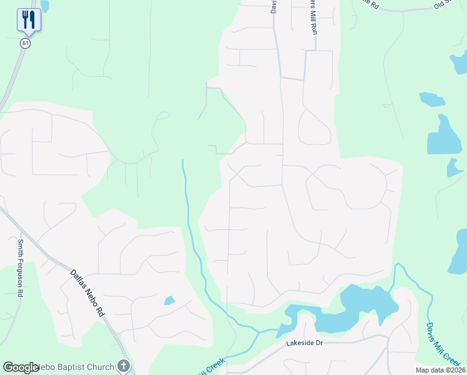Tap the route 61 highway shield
(25, 42)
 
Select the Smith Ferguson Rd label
(21, 267)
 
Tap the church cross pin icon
(124, 366)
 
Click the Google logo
(21, 367)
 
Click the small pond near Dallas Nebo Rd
(169, 301)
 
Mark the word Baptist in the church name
(86, 367)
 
